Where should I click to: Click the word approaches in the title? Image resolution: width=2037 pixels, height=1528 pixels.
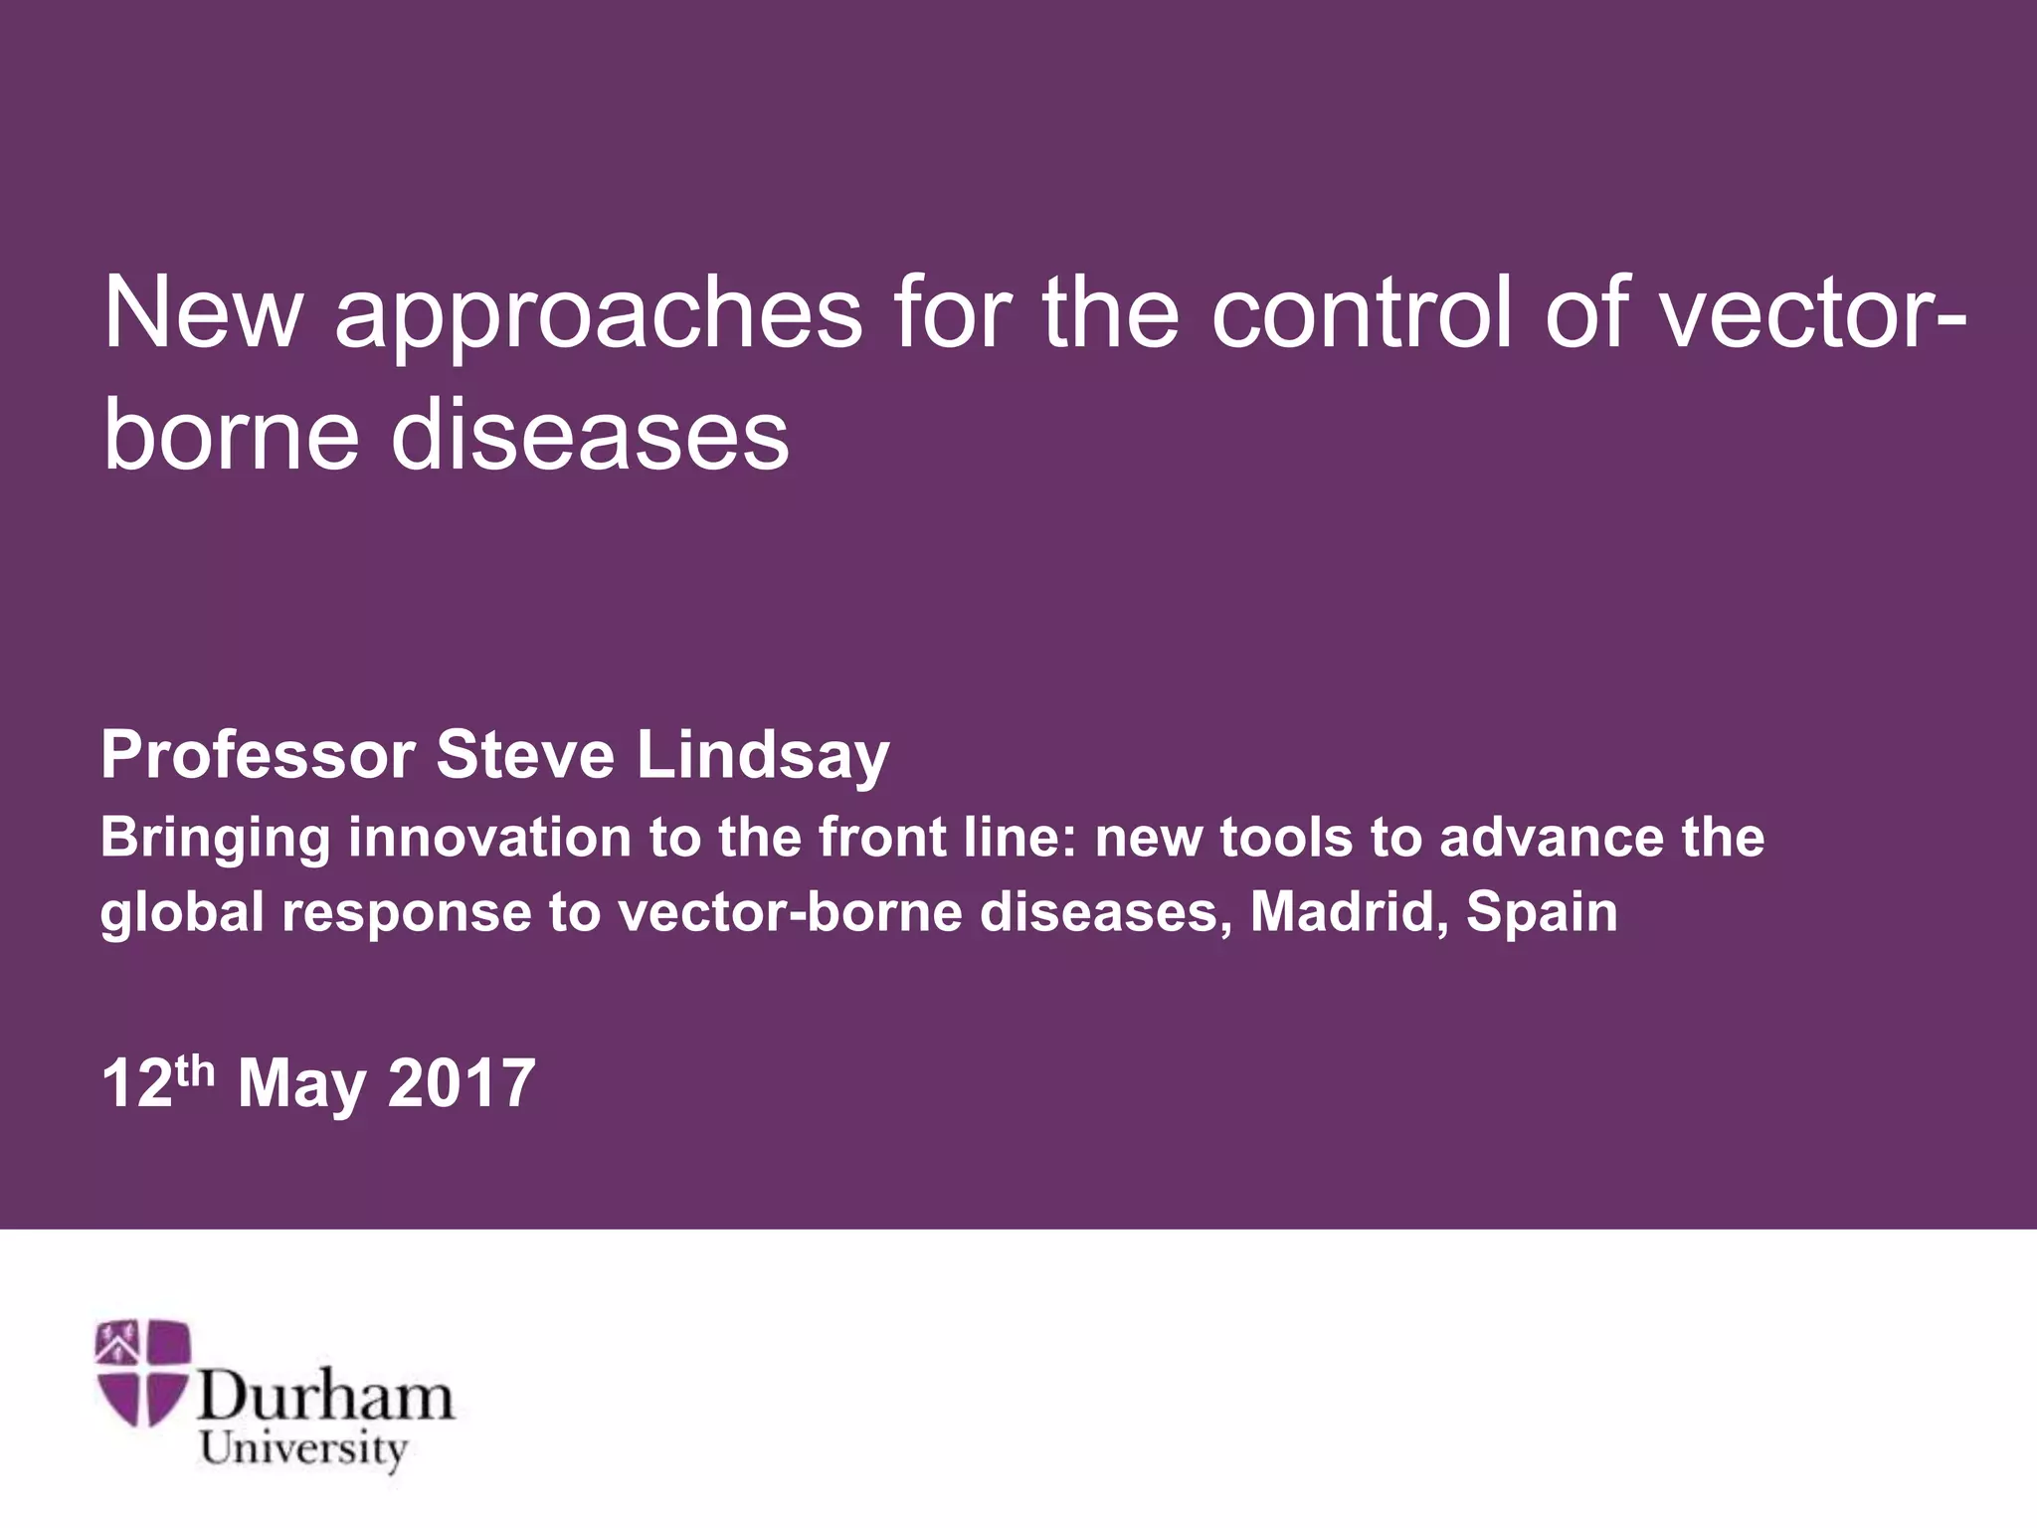[598, 316]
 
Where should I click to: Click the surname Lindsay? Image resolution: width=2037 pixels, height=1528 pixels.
[763, 756]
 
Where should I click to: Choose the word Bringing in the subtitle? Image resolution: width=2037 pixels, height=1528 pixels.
[215, 839]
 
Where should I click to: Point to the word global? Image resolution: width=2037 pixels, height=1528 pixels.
[182, 913]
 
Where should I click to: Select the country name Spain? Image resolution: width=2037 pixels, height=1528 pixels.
[1542, 913]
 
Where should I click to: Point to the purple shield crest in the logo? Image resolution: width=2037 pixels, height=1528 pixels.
[142, 1372]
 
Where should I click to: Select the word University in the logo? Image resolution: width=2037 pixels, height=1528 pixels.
[303, 1448]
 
